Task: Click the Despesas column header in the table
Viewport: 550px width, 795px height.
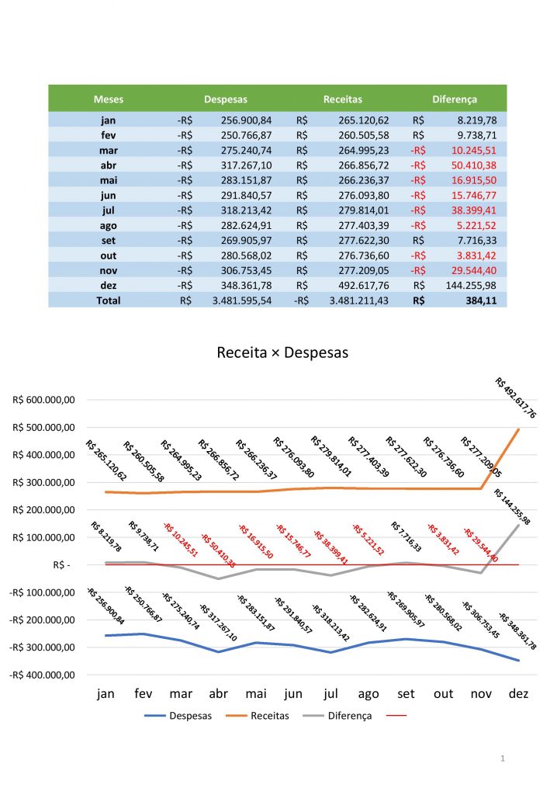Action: (226, 99)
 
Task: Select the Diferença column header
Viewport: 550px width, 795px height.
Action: (455, 99)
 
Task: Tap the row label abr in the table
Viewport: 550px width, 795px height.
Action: (109, 165)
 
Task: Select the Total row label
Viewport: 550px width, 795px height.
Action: (109, 300)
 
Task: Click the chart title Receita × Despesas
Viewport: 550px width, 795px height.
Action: (282, 352)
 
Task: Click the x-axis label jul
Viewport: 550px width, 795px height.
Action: (331, 694)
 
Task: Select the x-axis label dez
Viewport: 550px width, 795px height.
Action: (518, 694)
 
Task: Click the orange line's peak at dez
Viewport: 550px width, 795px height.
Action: (518, 429)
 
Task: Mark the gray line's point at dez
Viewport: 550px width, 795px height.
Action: (518, 526)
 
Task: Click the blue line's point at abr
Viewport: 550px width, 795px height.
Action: (219, 651)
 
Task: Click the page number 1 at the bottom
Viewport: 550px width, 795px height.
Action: (503, 757)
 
